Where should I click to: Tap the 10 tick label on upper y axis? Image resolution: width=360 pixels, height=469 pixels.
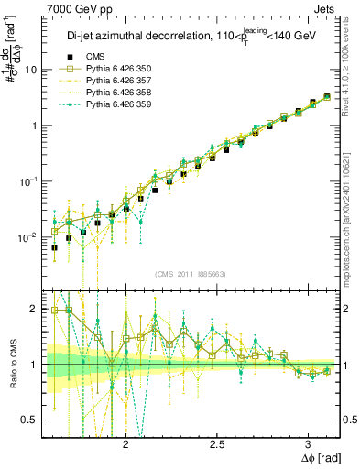click(x=31, y=70)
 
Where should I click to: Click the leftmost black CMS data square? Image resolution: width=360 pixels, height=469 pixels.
click(x=54, y=247)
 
